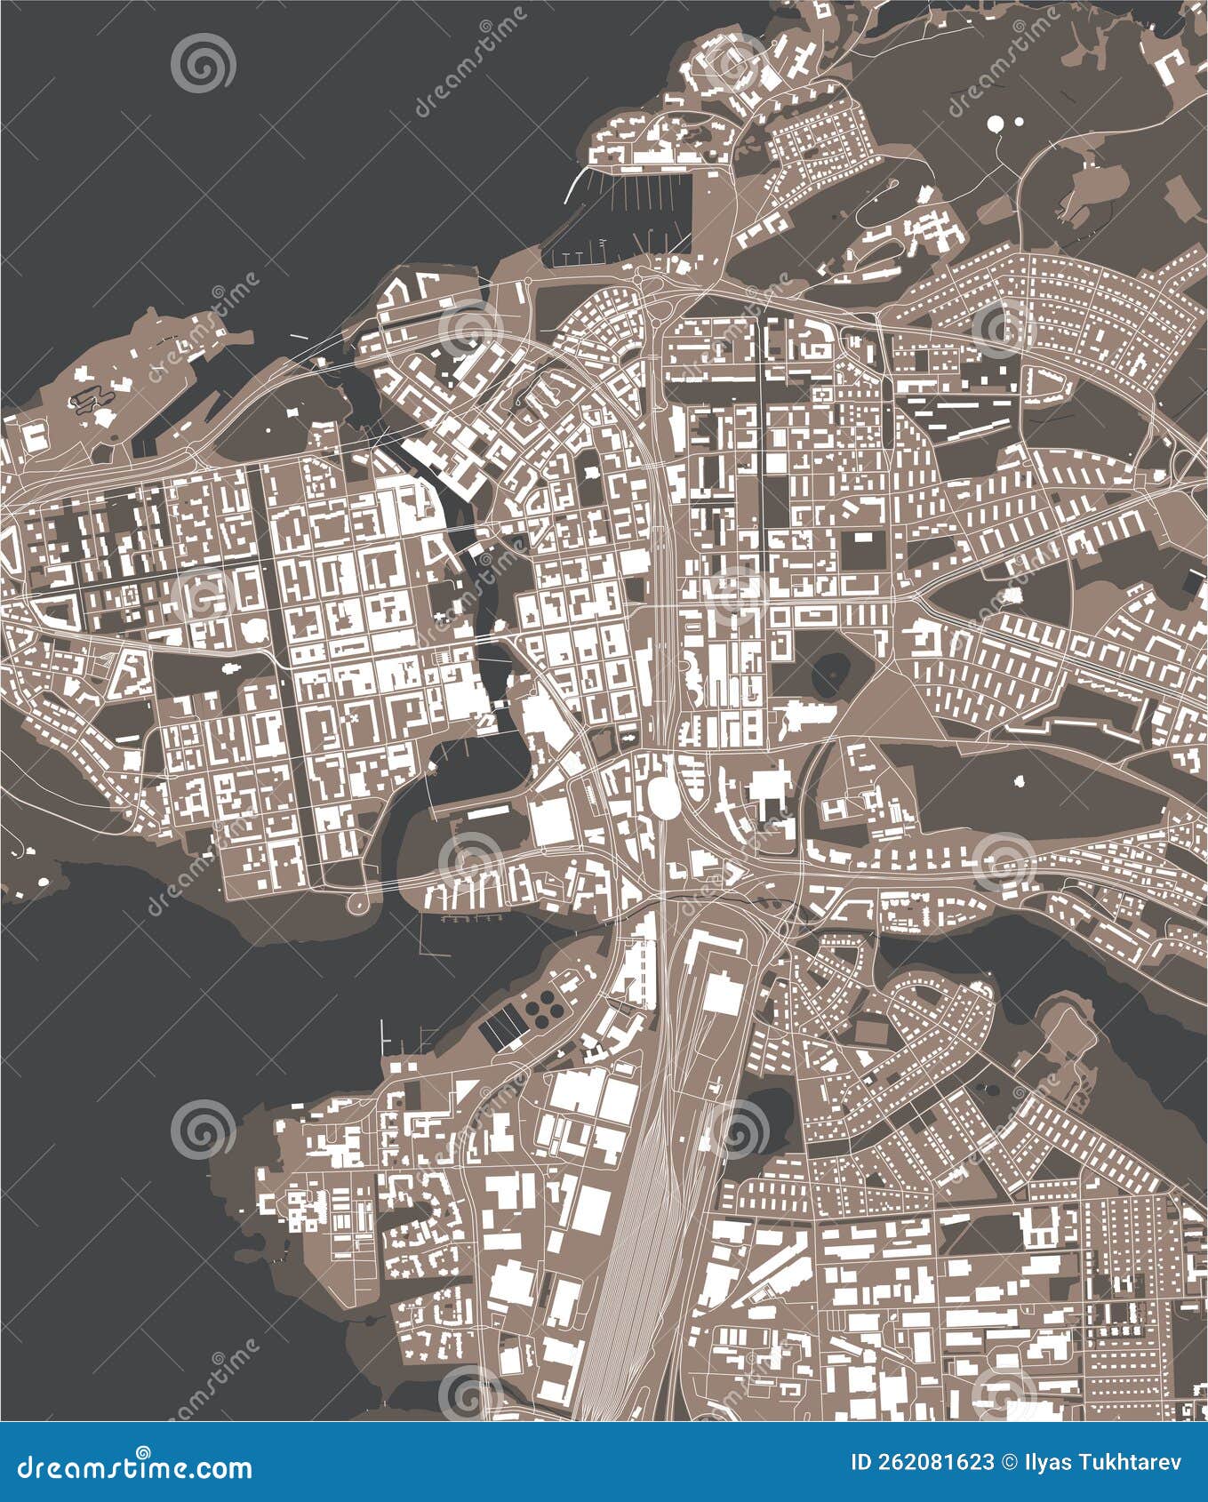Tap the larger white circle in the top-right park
[997, 124]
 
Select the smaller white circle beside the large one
[1017, 121]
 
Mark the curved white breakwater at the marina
[576, 188]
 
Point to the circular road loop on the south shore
[358, 903]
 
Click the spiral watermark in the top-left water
[204, 63]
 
